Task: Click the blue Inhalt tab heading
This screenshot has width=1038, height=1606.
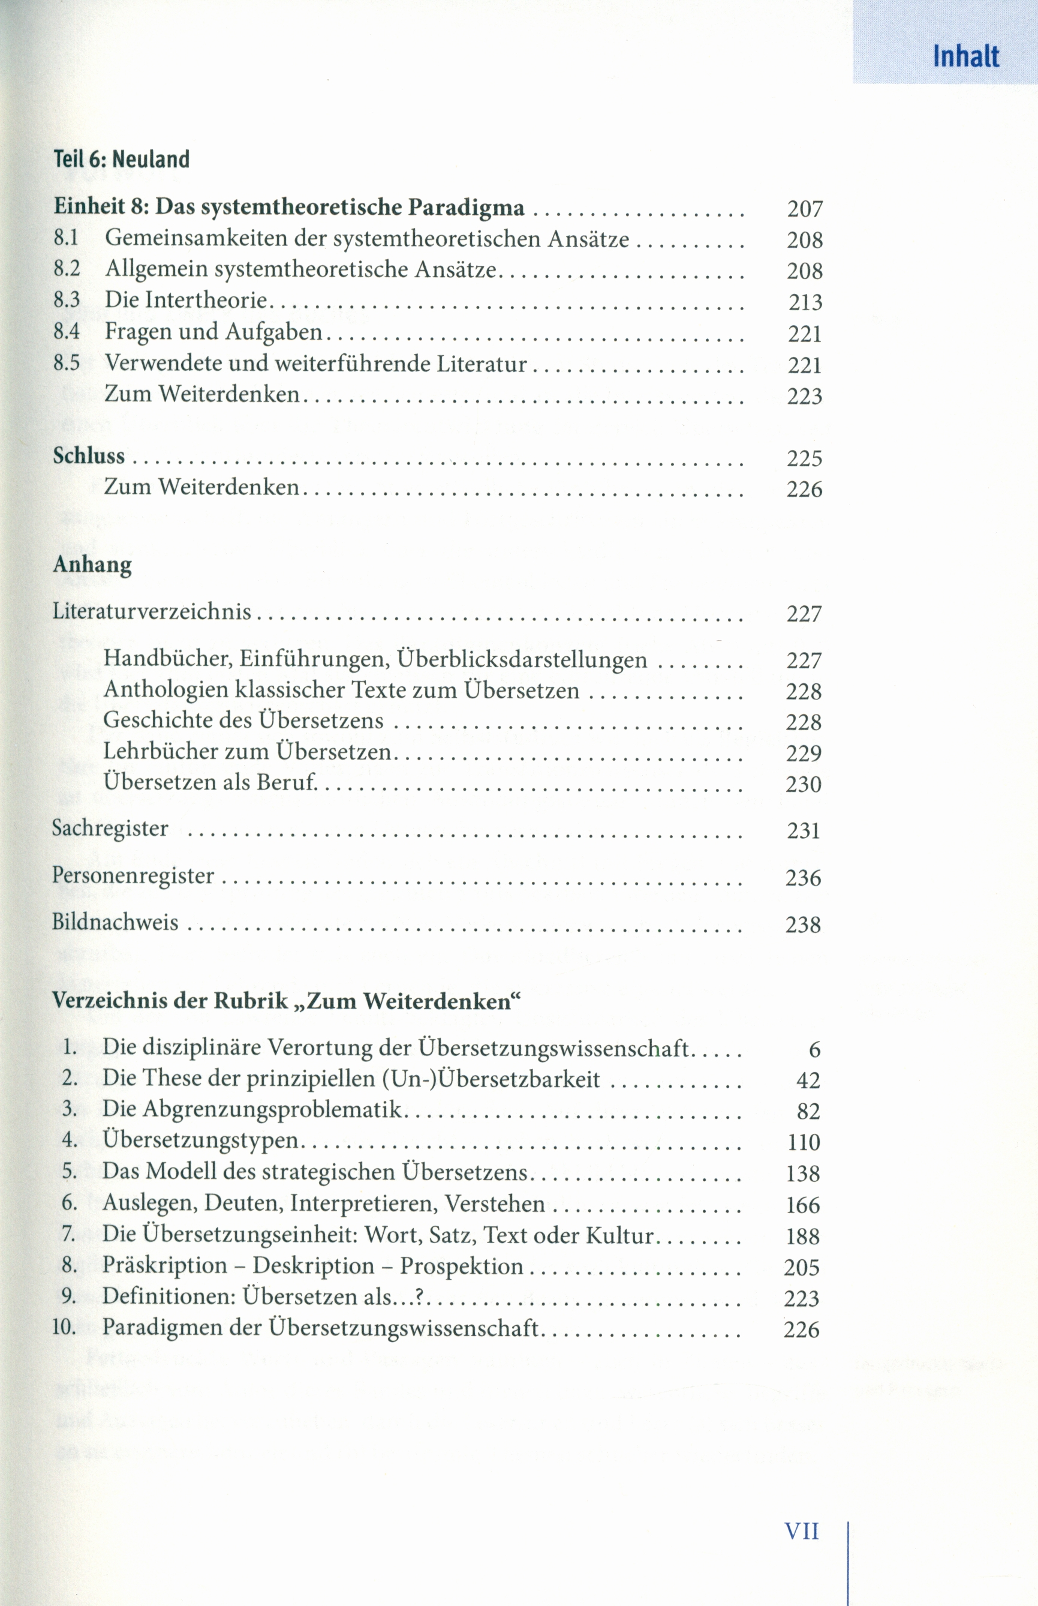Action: point(965,56)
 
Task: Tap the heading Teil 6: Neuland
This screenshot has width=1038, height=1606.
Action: point(121,159)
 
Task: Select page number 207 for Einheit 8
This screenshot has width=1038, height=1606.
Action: point(805,209)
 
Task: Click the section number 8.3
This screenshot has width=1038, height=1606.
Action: point(67,300)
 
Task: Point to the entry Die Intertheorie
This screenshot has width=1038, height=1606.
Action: point(186,300)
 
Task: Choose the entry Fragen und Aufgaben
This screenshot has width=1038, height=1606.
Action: point(213,332)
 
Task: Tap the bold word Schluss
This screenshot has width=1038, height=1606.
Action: point(89,456)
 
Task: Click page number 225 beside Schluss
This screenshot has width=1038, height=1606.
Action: point(805,458)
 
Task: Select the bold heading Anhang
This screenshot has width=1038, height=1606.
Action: point(92,565)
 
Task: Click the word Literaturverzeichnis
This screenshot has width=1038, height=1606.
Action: point(152,611)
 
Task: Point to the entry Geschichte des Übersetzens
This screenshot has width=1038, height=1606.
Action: point(243,720)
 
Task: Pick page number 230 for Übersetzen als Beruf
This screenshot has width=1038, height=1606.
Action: point(804,784)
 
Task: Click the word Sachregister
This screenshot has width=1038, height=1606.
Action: point(110,828)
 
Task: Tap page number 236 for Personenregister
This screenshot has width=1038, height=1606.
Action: point(804,878)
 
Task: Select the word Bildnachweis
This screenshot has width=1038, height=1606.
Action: point(115,921)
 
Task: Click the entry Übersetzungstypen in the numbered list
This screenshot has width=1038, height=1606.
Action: point(200,1139)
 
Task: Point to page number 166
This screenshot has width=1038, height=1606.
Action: point(803,1205)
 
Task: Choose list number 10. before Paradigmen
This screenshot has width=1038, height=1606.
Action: point(64,1327)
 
